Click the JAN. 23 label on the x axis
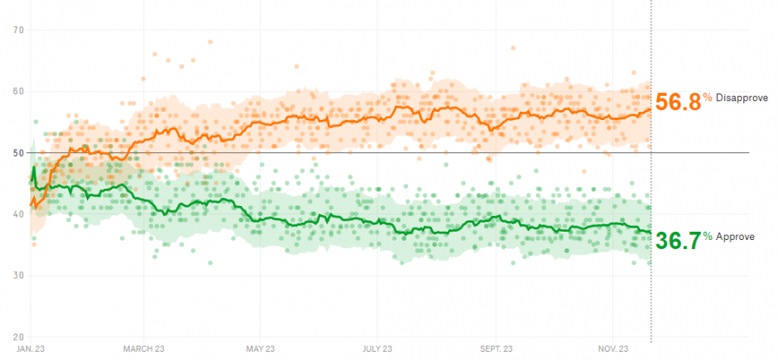coord(30,349)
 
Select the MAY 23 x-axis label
coord(260,349)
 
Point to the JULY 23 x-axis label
coord(377,349)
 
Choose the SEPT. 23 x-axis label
coord(496,349)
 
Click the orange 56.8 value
coord(678,101)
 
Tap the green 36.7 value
coord(678,240)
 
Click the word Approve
coord(734,237)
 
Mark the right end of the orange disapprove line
coord(650,110)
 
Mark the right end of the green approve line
coord(650,231)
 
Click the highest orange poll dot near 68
coord(210,41)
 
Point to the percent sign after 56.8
coord(708,98)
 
